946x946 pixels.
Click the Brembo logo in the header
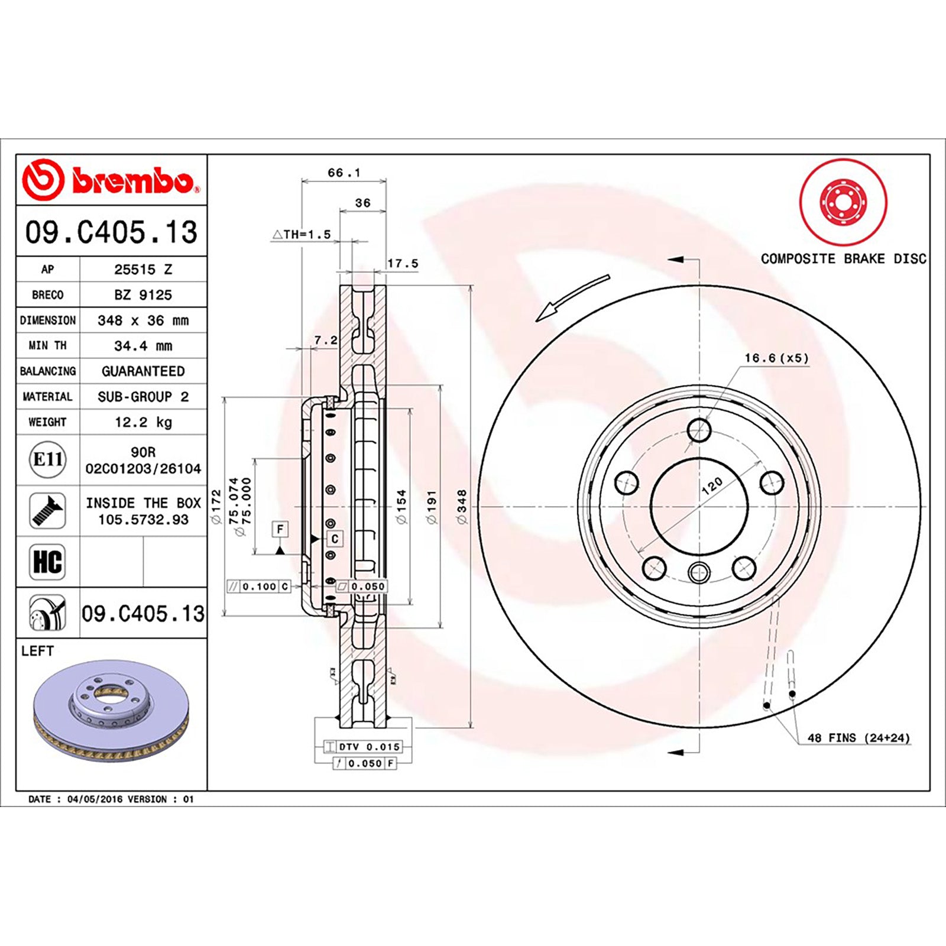pyautogui.click(x=111, y=179)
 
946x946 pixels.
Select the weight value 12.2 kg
pyautogui.click(x=143, y=422)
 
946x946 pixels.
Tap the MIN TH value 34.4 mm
pyautogui.click(x=143, y=346)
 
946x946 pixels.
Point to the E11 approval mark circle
pyautogui.click(x=47, y=459)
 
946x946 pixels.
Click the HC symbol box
pyautogui.click(x=47, y=562)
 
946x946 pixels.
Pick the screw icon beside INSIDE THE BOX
pyautogui.click(x=47, y=511)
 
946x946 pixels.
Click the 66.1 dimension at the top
pyautogui.click(x=344, y=173)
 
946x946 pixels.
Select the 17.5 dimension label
pyautogui.click(x=403, y=263)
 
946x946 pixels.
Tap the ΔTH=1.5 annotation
pyautogui.click(x=302, y=235)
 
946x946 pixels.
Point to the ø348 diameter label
pyautogui.click(x=462, y=507)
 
